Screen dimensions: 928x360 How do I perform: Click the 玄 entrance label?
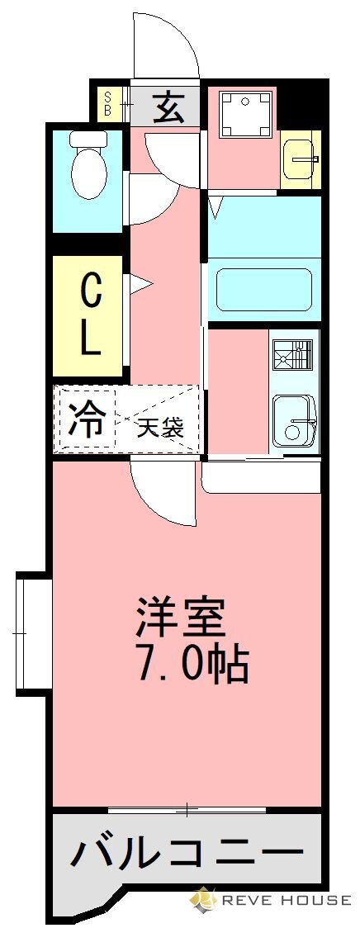tap(168, 106)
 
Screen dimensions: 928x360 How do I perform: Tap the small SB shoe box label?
tap(108, 105)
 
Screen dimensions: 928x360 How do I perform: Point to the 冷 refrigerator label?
tap(87, 419)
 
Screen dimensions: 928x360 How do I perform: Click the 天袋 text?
tap(160, 428)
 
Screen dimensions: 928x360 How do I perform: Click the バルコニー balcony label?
tap(186, 851)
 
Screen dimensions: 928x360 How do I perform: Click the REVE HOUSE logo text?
tap(281, 900)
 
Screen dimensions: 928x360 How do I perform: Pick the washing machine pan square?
tap(245, 115)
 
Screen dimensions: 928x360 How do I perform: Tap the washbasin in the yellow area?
tap(301, 159)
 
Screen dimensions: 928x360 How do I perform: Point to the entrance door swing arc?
tap(168, 43)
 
